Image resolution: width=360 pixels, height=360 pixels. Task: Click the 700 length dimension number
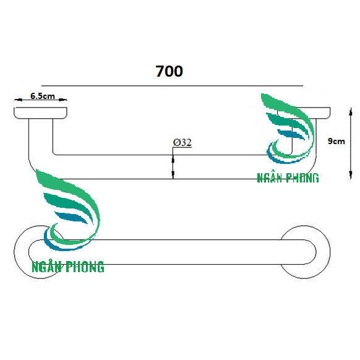tap(169, 71)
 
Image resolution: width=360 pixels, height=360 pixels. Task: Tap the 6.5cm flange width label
tap(43, 96)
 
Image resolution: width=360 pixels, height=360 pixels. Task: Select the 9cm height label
tap(336, 141)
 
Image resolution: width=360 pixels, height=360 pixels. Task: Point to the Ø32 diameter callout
tap(182, 142)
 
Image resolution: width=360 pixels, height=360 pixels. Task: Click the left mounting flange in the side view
tap(40, 113)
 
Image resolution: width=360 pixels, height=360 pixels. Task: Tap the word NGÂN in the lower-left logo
tap(46, 267)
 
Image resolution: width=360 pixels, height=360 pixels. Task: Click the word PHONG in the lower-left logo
tap(85, 267)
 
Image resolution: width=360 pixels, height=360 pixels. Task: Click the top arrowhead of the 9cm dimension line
tap(351, 112)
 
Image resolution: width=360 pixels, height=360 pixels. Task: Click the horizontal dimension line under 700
tap(172, 86)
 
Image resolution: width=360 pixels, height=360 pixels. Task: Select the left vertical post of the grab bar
tap(41, 138)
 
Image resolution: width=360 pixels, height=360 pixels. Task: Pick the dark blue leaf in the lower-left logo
tap(71, 218)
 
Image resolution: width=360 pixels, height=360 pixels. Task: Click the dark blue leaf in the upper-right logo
tap(291, 134)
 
